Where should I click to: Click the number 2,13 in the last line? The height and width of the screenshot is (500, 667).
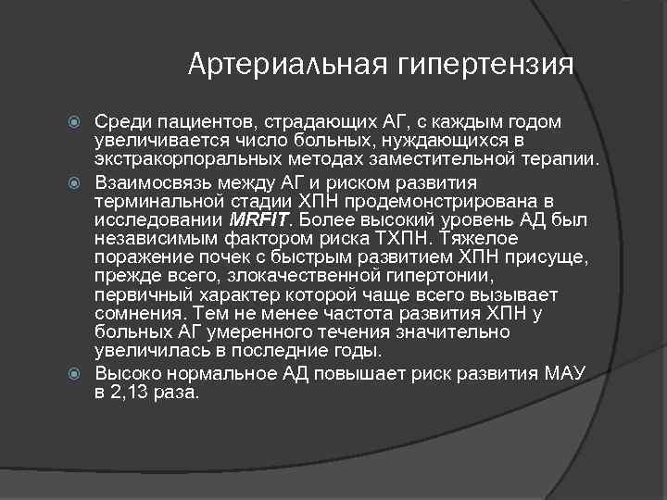[x=135, y=393]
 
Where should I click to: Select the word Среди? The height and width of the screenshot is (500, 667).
[x=122, y=123]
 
